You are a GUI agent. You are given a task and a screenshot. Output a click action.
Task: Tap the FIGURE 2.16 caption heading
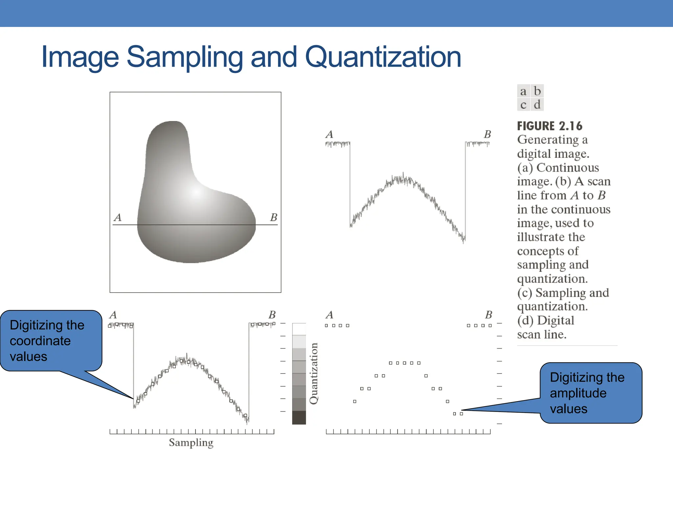[549, 126]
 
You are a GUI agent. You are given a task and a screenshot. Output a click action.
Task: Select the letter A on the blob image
[118, 217]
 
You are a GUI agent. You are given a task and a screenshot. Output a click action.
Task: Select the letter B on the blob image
[273, 217]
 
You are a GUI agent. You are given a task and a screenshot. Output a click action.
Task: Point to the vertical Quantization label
[314, 373]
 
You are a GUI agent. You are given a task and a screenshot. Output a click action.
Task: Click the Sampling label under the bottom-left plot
[191, 443]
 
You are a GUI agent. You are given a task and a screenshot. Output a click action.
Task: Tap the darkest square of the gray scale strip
[299, 418]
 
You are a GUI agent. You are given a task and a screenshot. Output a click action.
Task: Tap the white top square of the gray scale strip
[299, 329]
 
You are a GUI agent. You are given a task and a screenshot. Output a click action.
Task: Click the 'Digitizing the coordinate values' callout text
[47, 341]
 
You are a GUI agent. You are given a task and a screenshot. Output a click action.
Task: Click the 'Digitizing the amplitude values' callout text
[587, 393]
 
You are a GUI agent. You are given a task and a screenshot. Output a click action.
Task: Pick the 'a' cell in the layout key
[523, 91]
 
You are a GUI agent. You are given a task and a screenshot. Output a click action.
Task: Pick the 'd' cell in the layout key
[537, 105]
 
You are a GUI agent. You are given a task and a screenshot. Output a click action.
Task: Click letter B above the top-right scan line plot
[487, 134]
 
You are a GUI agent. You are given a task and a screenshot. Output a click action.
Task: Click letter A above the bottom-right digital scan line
[329, 315]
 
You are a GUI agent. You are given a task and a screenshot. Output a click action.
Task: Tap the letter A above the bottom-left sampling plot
[113, 315]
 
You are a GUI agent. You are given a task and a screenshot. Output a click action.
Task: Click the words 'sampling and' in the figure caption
[552, 265]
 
